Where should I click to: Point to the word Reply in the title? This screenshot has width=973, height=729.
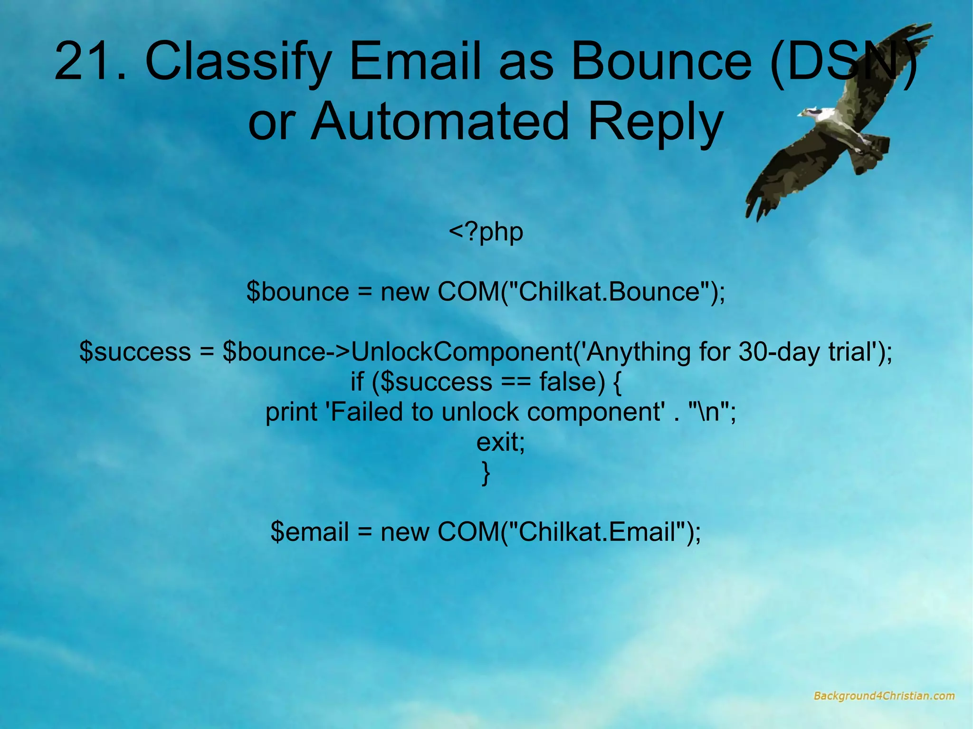pos(656,123)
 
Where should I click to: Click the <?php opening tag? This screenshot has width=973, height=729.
pos(486,232)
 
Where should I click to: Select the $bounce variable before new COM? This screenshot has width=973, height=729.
pos(297,292)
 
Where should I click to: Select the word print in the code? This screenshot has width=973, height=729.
pos(291,412)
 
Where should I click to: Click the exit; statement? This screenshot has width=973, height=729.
pos(500,442)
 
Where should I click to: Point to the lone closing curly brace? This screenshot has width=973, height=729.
pos(486,473)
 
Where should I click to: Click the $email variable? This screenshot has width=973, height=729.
pos(310,531)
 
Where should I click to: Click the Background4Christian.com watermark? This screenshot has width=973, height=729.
pos(884,696)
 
